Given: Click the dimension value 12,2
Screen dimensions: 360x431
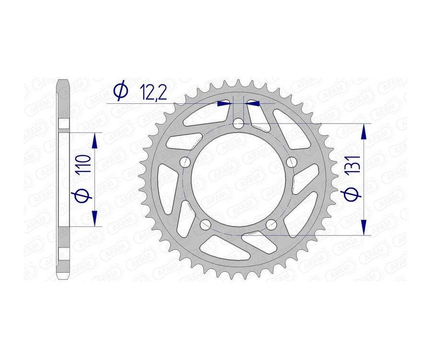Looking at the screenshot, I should [153, 92].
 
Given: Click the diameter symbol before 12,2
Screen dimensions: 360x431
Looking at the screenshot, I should [120, 91].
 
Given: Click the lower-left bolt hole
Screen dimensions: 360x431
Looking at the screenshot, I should [205, 225].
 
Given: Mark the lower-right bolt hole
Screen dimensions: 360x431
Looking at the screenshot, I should [271, 225].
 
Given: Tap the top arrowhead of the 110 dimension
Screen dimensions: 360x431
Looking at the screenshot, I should [94, 140].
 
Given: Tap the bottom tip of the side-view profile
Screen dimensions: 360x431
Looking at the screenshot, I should [63, 278].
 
